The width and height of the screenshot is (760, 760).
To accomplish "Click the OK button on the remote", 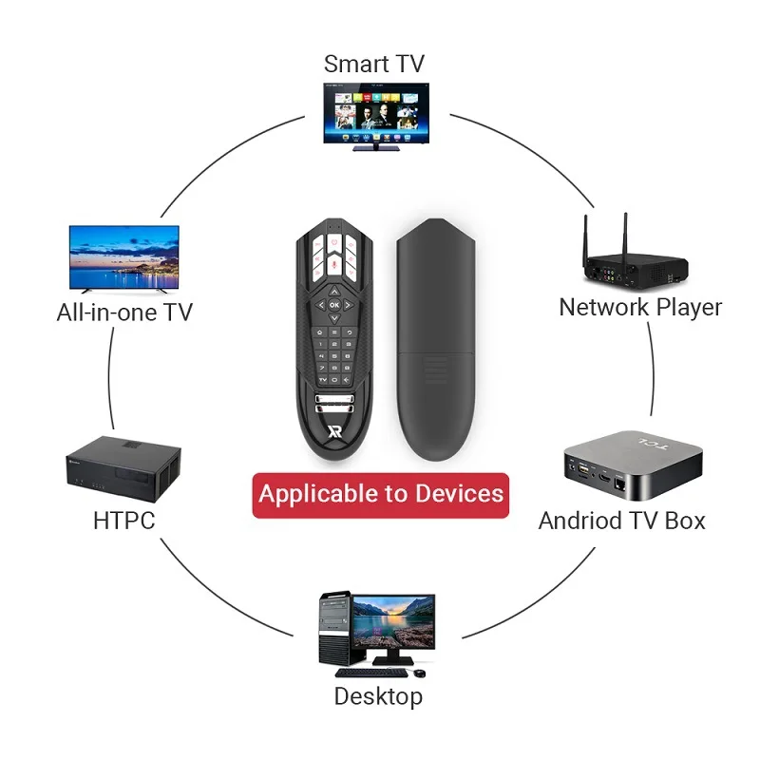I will coord(334,305).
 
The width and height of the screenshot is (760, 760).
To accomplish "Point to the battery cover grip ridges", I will coord(434,366).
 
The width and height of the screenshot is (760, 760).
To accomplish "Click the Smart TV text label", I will coord(373,65).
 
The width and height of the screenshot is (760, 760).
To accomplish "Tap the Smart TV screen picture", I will coord(373,109).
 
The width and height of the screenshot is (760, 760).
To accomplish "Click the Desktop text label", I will coord(377,696).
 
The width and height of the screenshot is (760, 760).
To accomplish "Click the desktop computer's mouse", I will coord(418,673).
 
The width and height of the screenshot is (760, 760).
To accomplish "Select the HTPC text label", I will coord(123,521).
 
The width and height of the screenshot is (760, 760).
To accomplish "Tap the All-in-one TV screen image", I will coord(124,255).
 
